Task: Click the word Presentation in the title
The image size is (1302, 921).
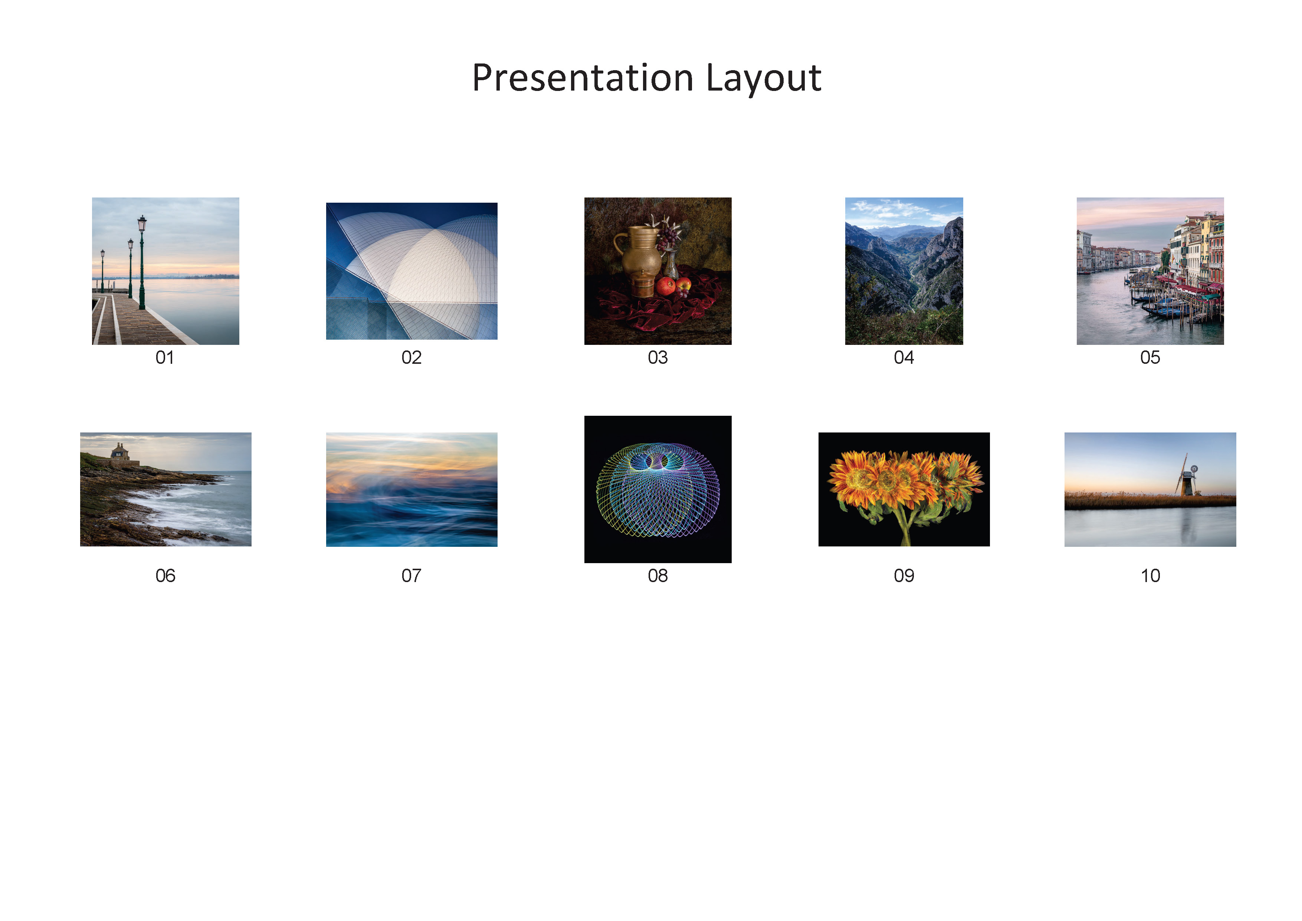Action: [583, 78]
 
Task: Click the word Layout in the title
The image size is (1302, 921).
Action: [764, 78]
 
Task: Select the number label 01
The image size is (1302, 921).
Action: [165, 357]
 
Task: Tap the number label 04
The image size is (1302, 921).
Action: [904, 357]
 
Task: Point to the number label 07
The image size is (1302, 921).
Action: [412, 576]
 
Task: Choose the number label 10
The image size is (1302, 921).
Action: [1151, 576]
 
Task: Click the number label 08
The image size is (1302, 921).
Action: [658, 576]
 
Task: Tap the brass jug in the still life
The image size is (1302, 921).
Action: [639, 261]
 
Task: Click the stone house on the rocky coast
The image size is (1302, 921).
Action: [119, 452]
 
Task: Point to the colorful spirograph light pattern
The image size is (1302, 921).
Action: [658, 490]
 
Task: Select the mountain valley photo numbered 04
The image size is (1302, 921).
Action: [904, 271]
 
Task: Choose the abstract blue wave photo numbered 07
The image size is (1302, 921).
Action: [412, 490]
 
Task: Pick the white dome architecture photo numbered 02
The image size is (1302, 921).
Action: [412, 271]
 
